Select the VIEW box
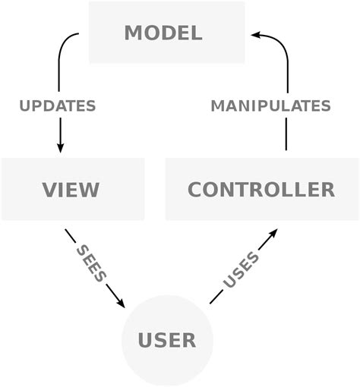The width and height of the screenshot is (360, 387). [72, 189]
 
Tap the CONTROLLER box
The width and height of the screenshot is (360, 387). [261, 189]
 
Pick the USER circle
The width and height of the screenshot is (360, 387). [167, 340]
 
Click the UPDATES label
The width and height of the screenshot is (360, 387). [58, 106]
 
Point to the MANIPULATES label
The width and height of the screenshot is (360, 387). [270, 106]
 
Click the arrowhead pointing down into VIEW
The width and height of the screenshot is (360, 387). [61, 146]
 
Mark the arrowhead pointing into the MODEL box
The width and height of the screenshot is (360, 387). [257, 34]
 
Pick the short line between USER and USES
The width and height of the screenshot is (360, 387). [216, 298]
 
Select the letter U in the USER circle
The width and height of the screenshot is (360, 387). [146, 340]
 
